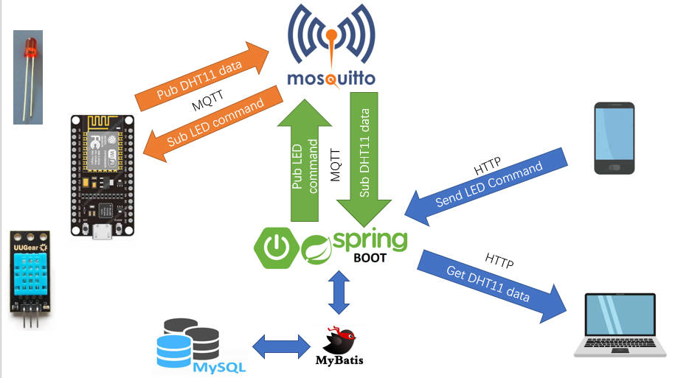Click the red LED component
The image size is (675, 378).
pos(28,77)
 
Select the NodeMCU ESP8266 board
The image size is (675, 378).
pos(103,176)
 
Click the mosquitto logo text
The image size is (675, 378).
pos(331,79)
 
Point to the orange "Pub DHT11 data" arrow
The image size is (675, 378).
pos(201,77)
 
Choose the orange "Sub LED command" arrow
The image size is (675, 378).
pos(212,124)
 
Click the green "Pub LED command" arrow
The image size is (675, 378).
pos(305,161)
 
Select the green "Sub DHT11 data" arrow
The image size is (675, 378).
pos(364,159)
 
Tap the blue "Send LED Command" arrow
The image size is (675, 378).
pos(486,187)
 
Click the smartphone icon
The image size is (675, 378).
pos(615,138)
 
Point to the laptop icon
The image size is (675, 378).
pos(620,325)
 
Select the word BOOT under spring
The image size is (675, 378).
pos(370,258)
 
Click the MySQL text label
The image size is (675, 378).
pos(219,367)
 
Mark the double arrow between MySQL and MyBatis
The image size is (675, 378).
pos(281,346)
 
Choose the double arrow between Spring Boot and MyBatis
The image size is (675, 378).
pos(339,292)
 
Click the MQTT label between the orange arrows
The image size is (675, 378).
pos(207,101)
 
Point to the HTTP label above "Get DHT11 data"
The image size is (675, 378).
pos(499,261)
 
